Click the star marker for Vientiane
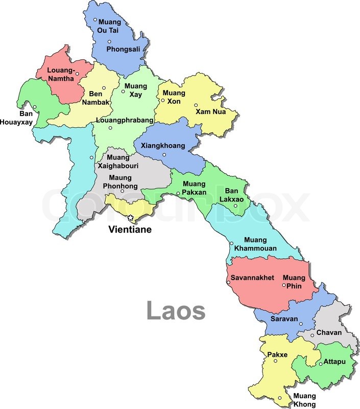pyautogui.click(x=130, y=218)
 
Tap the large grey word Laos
pyautogui.click(x=176, y=311)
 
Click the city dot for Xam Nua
pyautogui.click(x=196, y=105)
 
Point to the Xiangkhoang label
pyautogui.click(x=162, y=146)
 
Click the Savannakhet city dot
pyautogui.click(x=228, y=283)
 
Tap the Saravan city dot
pyautogui.click(x=301, y=324)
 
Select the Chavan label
pyautogui.click(x=329, y=333)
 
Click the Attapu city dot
pyautogui.click(x=320, y=363)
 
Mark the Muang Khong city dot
pyautogui.click(x=280, y=398)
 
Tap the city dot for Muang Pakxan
pyautogui.click(x=178, y=193)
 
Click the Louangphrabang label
pyautogui.click(x=124, y=120)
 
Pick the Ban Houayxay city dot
pyautogui.click(x=35, y=107)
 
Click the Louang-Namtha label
pyautogui.click(x=60, y=74)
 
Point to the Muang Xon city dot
pyautogui.click(x=163, y=100)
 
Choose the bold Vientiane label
pyautogui.click(x=130, y=230)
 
